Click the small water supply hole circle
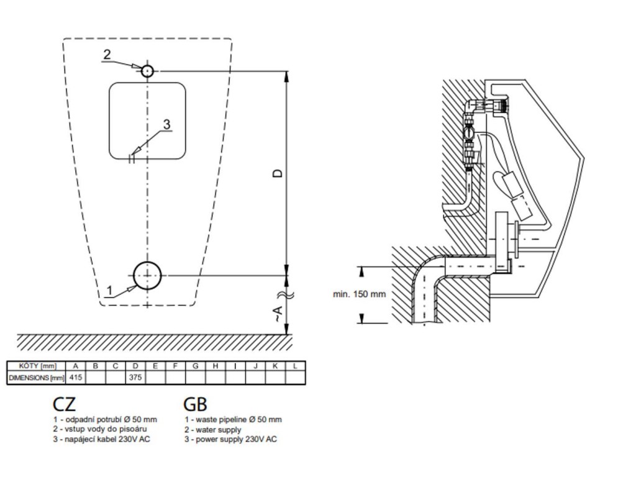click(147, 71)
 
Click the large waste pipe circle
click(147, 275)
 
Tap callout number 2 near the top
click(107, 55)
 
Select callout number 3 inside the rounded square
click(166, 124)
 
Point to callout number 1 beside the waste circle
click(109, 290)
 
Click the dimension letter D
click(278, 173)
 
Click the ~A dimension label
click(278, 314)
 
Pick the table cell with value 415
click(75, 377)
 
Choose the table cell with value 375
click(135, 377)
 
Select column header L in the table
click(295, 366)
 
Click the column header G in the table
click(196, 366)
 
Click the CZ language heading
click(64, 404)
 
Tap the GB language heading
click(195, 404)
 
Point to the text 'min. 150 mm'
click(359, 294)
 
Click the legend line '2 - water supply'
click(213, 429)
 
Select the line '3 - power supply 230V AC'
click(230, 439)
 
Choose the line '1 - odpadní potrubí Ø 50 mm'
click(105, 419)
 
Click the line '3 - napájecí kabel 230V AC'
click(101, 439)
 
